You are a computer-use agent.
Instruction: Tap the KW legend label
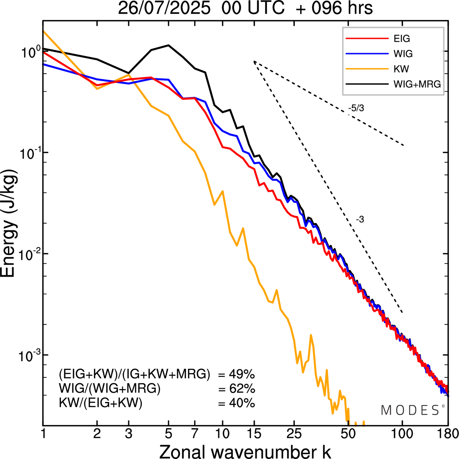(401, 69)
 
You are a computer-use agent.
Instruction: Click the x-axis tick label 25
(294, 434)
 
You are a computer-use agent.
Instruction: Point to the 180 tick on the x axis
(448, 434)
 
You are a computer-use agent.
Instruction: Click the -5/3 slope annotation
(356, 108)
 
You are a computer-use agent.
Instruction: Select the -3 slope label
(360, 220)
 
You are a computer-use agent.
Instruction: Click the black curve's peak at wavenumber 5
(169, 45)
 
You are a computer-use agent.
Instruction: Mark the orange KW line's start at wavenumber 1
(44, 31)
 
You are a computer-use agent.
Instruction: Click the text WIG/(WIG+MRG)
(110, 389)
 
